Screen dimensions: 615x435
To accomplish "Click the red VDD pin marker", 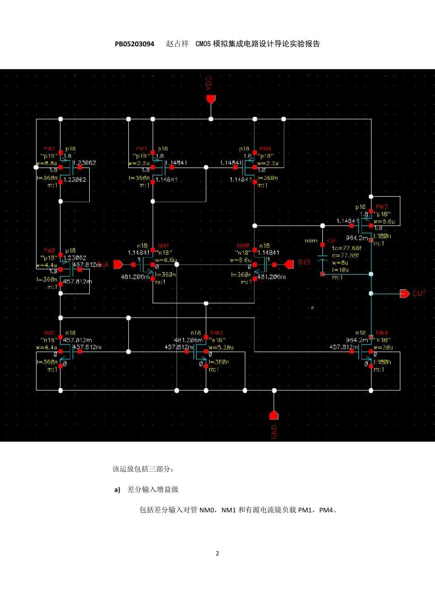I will tap(211, 99).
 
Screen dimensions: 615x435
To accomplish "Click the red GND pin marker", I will tap(274, 415).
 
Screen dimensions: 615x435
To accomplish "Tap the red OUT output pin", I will tap(404, 293).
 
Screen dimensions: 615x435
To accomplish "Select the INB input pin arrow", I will tap(289, 264).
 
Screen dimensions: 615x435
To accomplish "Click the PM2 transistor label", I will tap(49, 149).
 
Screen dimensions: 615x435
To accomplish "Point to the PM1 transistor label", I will tap(141, 149).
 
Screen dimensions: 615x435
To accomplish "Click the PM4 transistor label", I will tap(265, 149).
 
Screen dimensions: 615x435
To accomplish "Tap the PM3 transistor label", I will tap(382, 207).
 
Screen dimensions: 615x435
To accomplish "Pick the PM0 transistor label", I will tap(49, 251).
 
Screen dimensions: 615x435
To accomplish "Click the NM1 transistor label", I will tap(163, 246).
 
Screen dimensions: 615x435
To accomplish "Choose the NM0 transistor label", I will tap(243, 246).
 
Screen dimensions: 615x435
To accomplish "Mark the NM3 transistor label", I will tap(217, 333).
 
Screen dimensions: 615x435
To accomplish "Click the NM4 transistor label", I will tap(382, 333).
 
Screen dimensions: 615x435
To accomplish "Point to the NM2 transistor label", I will tap(49, 333).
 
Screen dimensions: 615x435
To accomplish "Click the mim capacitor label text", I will tap(311, 241).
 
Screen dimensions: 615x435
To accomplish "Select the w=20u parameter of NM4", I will tap(383, 347).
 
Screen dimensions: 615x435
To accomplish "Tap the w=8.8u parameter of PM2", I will tap(47, 163).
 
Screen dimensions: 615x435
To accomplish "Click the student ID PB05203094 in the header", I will tap(135, 44).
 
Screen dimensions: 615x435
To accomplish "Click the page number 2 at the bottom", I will tap(217, 553).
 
